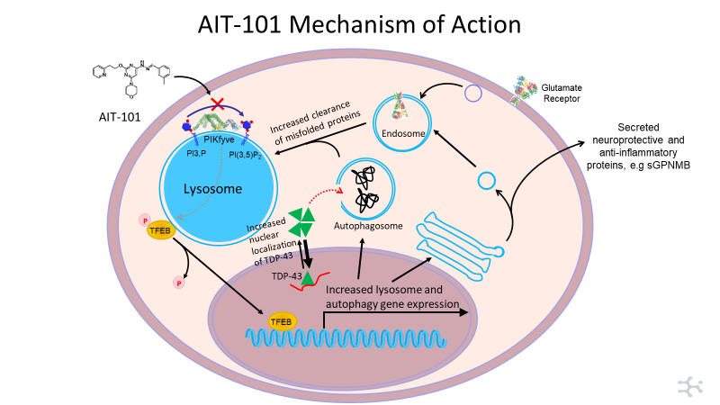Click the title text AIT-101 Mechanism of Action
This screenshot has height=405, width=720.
tap(360, 24)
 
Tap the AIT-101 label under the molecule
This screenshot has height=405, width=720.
tap(119, 117)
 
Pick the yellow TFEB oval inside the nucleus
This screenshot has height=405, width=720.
tap(280, 320)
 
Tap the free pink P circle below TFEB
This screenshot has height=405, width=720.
tap(177, 283)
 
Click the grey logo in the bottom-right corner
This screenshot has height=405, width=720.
tap(690, 385)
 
